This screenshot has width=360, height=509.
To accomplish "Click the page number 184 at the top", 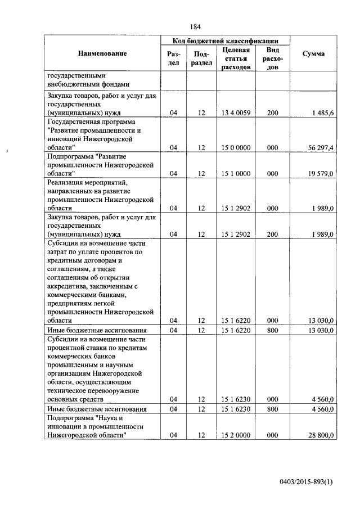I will click(x=195, y=26).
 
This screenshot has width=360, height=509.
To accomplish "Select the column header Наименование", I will click(x=102, y=53).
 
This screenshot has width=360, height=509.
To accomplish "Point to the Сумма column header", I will click(x=313, y=54).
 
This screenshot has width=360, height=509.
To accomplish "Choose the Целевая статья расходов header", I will click(x=236, y=59).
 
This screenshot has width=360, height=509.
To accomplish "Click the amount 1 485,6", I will click(x=324, y=113).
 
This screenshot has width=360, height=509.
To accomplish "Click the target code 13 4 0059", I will click(x=236, y=113).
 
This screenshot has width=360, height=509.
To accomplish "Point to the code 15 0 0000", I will click(x=236, y=147).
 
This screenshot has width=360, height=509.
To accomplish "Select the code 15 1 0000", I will click(x=236, y=174).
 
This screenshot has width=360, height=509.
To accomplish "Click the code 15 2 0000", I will click(x=236, y=435).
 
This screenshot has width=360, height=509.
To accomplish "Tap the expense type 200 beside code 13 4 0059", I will click(x=273, y=113).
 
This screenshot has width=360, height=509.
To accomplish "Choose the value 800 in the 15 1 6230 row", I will click(x=273, y=409).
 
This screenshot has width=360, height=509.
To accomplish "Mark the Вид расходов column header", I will click(x=273, y=59).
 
